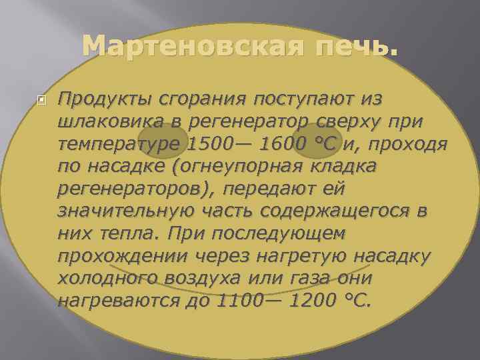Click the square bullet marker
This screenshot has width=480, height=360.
pos(41,101)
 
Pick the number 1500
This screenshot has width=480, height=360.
pos(211,145)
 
